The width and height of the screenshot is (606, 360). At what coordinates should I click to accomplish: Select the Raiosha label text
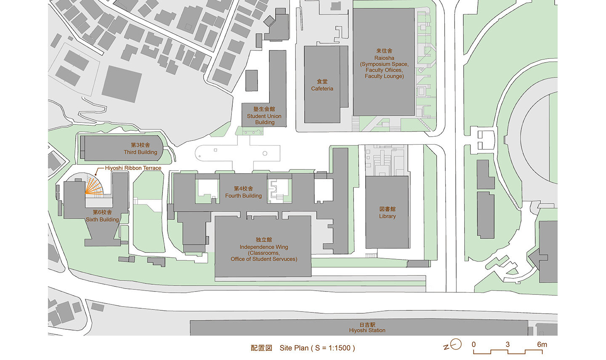[x=384, y=58]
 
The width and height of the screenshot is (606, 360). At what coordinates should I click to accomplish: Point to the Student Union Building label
[x=264, y=116]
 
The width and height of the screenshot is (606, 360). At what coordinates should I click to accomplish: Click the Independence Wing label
[x=264, y=247]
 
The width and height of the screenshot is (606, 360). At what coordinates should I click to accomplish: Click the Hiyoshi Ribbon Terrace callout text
[x=133, y=168]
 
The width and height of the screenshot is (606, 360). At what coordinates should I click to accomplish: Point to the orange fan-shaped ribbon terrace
[x=94, y=186]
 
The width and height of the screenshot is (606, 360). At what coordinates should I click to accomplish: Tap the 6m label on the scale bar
[x=542, y=344]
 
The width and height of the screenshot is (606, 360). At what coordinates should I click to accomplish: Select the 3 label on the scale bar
[x=508, y=344]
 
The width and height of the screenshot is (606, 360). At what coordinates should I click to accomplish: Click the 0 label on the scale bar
[x=473, y=344]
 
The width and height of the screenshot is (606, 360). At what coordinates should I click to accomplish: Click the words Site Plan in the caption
[x=294, y=348]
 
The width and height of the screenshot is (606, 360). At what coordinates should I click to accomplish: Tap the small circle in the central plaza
[x=265, y=154]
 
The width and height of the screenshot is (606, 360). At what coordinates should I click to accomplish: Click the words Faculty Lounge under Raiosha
[x=384, y=76]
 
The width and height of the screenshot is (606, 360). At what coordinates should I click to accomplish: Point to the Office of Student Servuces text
[x=264, y=259]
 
